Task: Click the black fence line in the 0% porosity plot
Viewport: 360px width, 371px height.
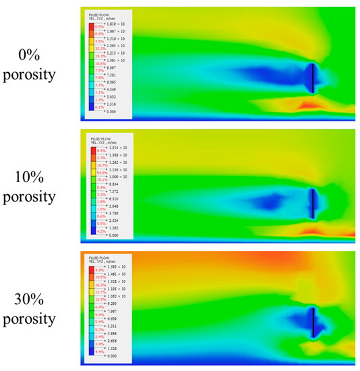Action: [x=314, y=78]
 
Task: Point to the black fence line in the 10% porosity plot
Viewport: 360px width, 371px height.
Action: [x=313, y=202]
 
